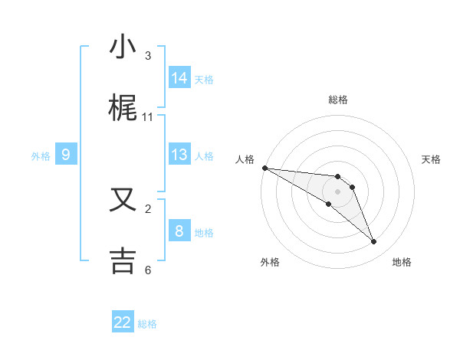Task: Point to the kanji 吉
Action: pos(123,260)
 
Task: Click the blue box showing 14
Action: pos(179,77)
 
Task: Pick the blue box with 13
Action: pos(179,155)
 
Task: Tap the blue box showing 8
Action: pos(179,231)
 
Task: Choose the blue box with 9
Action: pos(66,155)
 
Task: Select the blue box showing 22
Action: pos(123,322)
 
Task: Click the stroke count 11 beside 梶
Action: pos(148,117)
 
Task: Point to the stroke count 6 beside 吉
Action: pos(148,270)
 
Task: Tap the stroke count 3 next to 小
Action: pos(148,56)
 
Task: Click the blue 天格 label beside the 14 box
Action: pos(204,79)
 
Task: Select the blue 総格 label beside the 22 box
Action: pos(147,324)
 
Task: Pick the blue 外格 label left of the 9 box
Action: pos(41,156)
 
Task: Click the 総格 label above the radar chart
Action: pos(338,100)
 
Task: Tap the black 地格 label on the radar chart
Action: pos(402,262)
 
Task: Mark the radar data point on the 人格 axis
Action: pos(264,168)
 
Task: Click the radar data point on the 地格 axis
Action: pos(374,242)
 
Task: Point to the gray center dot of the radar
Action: pos(338,191)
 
